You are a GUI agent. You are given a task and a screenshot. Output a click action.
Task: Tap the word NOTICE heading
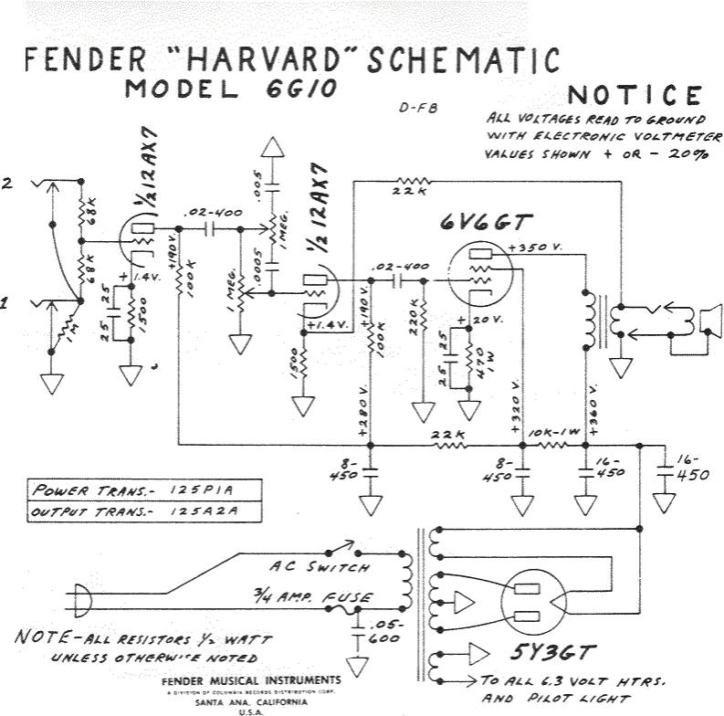tap(635, 96)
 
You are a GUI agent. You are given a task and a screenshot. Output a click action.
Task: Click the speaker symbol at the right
tap(707, 321)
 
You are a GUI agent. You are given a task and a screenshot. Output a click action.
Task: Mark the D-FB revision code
tap(418, 107)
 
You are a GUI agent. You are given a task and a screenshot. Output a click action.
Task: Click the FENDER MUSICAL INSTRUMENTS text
tap(250, 680)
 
